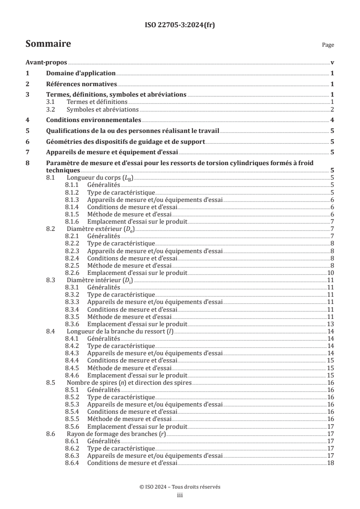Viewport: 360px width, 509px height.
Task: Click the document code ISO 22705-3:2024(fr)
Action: [180, 25]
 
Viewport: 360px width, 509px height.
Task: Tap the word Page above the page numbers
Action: [328, 45]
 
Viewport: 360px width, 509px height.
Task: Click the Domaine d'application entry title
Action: [81, 73]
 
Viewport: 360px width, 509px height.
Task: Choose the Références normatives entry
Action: [82, 84]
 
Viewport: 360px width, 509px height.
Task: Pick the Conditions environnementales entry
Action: [94, 120]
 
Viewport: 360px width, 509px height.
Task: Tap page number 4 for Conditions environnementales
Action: [332, 120]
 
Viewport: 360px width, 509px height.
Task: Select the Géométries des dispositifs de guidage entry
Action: [126, 142]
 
